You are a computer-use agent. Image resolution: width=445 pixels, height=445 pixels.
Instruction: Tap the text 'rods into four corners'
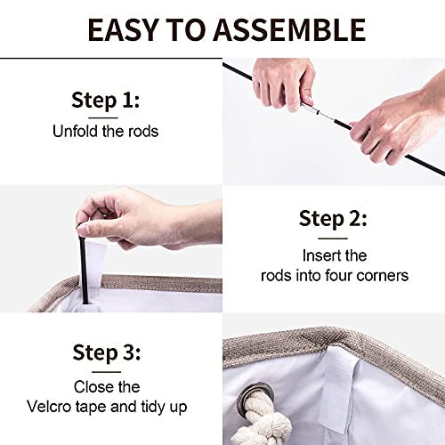click(334, 276)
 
